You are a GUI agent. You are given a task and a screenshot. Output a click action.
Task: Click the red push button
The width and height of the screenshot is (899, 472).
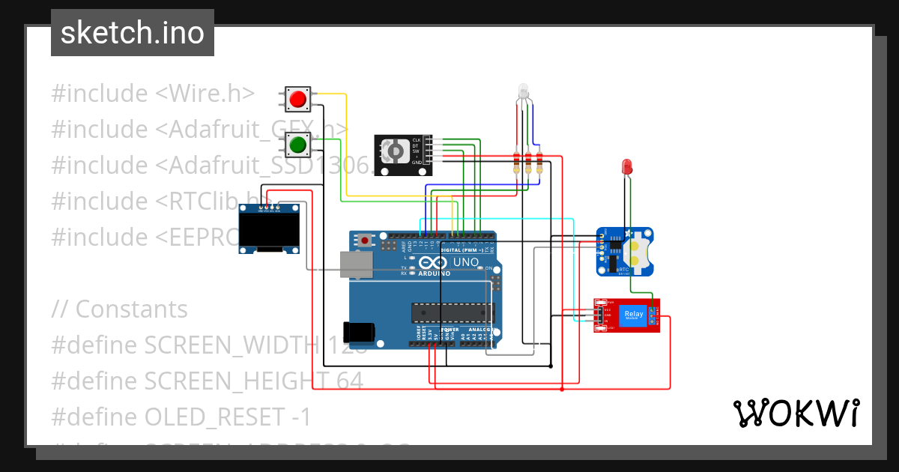[298, 98]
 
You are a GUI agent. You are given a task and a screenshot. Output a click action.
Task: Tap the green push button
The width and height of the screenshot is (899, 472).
[298, 144]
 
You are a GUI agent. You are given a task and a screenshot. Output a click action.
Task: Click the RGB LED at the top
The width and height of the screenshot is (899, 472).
[522, 94]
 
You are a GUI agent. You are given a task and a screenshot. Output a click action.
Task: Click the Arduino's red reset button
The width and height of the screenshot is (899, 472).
[365, 240]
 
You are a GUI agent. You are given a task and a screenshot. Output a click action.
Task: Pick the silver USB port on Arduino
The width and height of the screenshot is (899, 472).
[357, 264]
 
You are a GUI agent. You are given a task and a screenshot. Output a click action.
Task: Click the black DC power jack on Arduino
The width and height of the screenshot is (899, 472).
[357, 332]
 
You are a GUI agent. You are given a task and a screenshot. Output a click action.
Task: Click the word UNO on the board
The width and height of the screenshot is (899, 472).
[465, 262]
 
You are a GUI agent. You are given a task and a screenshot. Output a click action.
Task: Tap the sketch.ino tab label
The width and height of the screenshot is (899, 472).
[133, 33]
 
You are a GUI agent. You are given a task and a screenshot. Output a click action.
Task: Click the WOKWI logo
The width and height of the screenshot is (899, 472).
[796, 413]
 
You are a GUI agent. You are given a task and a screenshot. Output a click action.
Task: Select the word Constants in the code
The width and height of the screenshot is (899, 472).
[131, 309]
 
